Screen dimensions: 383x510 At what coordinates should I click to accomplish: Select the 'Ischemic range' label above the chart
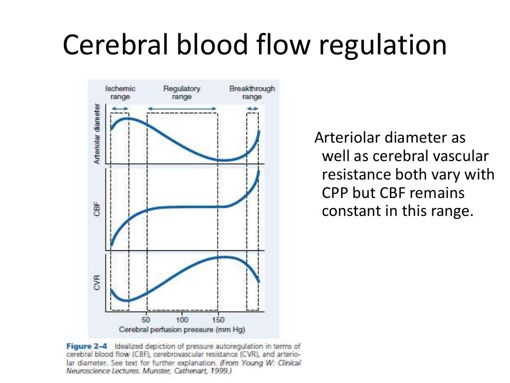120,92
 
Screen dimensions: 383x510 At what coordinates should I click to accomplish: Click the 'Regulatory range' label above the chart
182,92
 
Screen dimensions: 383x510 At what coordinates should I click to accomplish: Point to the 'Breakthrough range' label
252,92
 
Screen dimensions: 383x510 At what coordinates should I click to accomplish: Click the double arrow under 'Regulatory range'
182,108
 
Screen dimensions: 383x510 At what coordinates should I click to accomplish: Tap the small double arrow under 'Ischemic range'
120,108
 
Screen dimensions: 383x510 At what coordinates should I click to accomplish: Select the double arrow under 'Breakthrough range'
253,108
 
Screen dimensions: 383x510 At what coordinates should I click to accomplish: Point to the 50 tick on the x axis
146,320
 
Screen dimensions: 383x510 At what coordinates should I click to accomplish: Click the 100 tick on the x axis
182,320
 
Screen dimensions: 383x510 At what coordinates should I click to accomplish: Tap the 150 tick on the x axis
218,320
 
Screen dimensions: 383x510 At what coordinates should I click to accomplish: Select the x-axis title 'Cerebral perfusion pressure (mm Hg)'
182,330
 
